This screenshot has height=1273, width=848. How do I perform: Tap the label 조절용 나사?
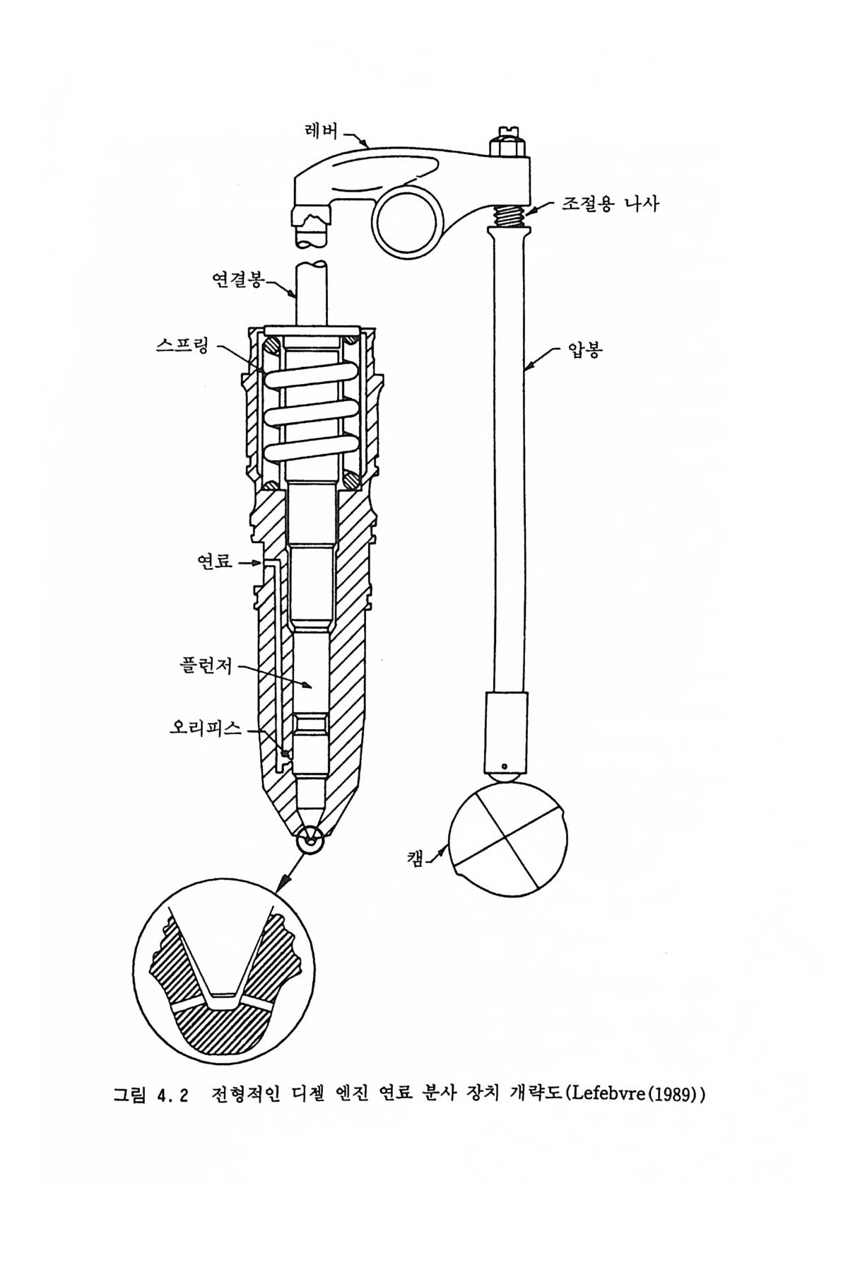click(x=610, y=204)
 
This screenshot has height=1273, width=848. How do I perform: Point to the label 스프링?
click(x=182, y=347)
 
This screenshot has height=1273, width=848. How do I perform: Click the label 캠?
click(x=416, y=858)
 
